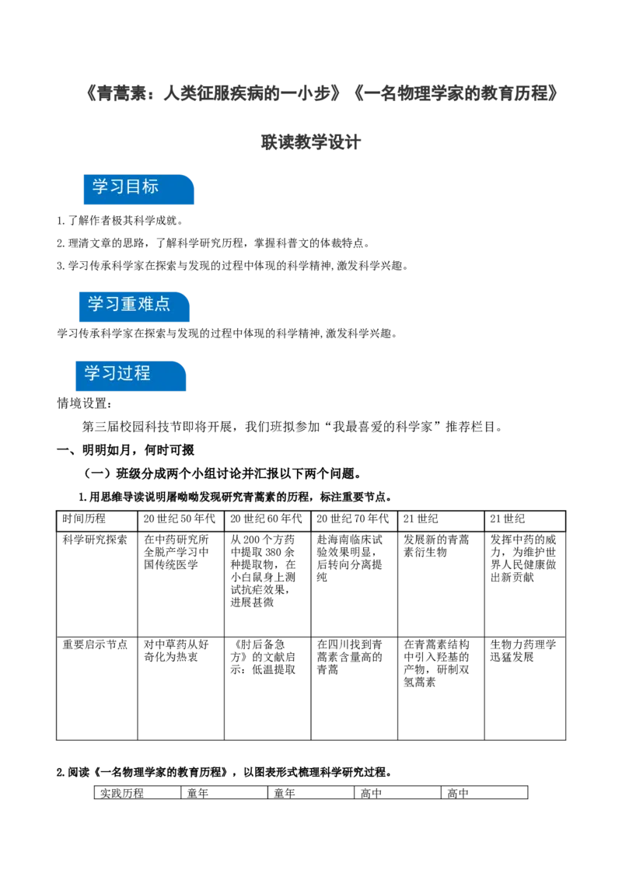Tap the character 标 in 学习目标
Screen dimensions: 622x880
point(150,187)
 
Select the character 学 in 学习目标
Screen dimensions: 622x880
point(100,187)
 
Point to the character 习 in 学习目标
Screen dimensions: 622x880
point(117,187)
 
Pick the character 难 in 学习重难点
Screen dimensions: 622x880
point(145,304)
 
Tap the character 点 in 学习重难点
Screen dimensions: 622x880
point(162,304)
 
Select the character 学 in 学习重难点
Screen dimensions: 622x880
point(96,304)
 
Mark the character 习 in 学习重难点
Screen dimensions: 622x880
point(112,304)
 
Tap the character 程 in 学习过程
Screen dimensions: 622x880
point(142,373)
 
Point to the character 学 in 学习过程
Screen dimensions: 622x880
point(93,373)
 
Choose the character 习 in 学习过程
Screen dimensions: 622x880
point(109,373)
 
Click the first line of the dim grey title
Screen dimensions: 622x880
point(323,94)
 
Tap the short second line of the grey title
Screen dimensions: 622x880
point(310,143)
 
